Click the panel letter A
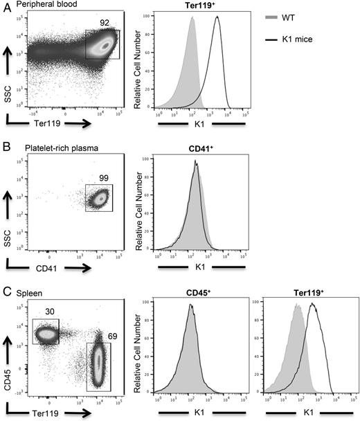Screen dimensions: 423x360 pos(6,6)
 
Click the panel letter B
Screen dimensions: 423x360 pos(6,147)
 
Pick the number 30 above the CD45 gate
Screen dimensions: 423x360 pos(46,311)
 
